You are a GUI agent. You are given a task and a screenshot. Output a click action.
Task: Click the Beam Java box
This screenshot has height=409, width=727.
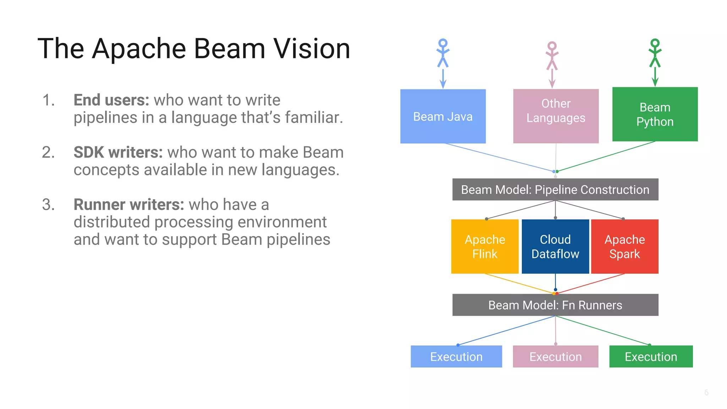(x=443, y=116)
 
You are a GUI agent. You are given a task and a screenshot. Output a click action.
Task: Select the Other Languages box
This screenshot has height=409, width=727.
(x=556, y=116)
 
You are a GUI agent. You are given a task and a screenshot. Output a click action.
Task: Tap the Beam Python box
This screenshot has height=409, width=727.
(x=655, y=114)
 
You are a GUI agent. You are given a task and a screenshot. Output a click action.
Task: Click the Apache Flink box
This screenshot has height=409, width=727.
(x=485, y=246)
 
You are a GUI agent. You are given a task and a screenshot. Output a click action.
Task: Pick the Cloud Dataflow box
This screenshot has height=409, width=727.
(x=555, y=246)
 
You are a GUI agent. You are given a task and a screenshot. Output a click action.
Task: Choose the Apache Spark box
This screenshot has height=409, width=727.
(x=624, y=246)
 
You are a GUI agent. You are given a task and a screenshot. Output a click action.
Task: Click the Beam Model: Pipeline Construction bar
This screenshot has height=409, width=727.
(x=555, y=190)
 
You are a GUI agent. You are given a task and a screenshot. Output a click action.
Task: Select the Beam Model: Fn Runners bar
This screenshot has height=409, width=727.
(x=555, y=305)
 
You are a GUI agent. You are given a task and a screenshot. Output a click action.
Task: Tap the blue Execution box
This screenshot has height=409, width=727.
(x=456, y=356)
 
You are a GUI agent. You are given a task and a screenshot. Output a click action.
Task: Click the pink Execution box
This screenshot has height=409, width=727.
(x=556, y=356)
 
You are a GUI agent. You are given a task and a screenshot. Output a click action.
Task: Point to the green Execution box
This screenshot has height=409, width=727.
(x=651, y=356)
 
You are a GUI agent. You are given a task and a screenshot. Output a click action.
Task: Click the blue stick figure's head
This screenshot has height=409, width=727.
(x=443, y=43)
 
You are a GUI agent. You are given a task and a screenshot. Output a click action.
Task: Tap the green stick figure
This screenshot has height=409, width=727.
(x=655, y=53)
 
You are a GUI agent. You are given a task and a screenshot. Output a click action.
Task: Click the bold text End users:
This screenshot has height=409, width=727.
(x=111, y=100)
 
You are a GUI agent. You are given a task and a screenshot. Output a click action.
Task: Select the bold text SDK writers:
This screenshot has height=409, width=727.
(x=118, y=152)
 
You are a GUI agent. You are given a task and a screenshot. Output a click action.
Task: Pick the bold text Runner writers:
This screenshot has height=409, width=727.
(x=129, y=204)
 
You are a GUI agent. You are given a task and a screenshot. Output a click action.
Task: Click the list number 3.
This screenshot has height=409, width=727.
(x=48, y=204)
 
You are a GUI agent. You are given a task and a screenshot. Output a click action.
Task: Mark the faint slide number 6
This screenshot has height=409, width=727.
(x=706, y=392)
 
